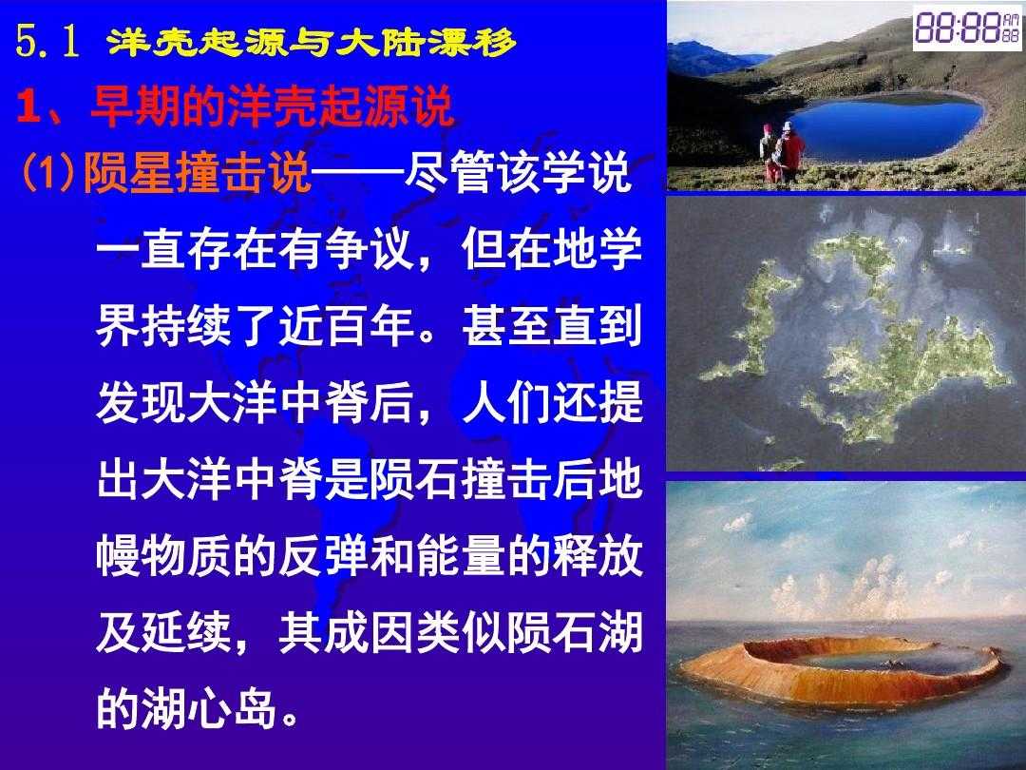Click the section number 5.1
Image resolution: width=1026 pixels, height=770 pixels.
[x=47, y=42]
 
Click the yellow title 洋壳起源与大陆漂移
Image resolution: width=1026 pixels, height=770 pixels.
[x=312, y=43]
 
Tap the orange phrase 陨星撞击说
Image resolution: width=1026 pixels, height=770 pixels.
[x=197, y=172]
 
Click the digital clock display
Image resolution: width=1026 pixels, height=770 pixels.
[x=967, y=28]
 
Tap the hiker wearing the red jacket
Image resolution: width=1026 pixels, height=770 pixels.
[x=791, y=152]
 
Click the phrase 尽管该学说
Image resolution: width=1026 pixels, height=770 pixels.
[x=517, y=172]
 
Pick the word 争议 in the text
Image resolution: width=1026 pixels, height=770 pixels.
[x=370, y=249]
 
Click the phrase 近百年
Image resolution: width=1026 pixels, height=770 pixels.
[x=348, y=325]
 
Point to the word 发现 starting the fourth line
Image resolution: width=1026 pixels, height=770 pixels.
[x=142, y=402]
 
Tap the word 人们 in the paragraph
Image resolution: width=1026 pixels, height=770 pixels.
[x=506, y=402]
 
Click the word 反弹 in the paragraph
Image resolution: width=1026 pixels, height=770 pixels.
[x=325, y=556]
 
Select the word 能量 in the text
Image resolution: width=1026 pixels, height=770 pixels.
[x=462, y=556]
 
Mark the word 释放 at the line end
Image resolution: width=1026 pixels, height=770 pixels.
[x=598, y=556]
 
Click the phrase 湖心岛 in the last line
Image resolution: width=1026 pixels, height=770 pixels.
[x=209, y=708]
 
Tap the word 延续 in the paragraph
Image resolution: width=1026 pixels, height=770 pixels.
[x=187, y=632]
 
